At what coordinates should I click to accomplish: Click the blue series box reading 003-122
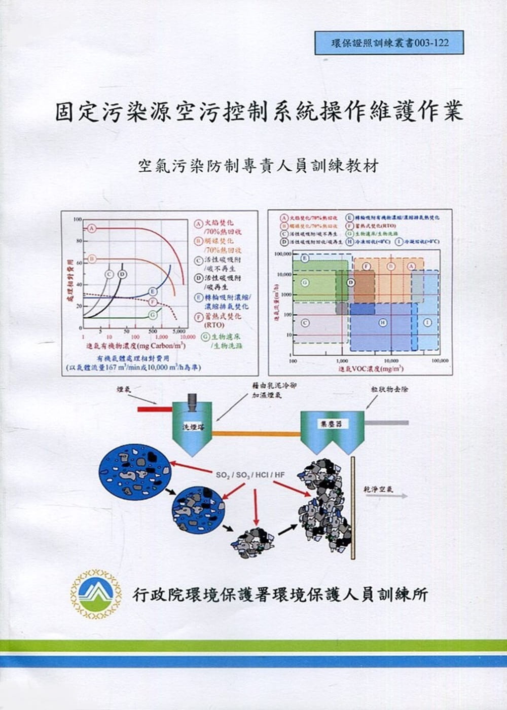[382, 43]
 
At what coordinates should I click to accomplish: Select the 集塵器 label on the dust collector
[332, 424]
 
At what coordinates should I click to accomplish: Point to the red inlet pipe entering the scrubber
[155, 408]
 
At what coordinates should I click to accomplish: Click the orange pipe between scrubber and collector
[256, 433]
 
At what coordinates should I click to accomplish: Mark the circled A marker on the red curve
[92, 228]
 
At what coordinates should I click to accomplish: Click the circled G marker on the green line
[153, 315]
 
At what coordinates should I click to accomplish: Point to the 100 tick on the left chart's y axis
[77, 219]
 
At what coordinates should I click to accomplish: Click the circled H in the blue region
[383, 322]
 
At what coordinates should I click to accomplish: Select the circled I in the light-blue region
[427, 322]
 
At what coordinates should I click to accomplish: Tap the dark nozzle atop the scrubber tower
[193, 401]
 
